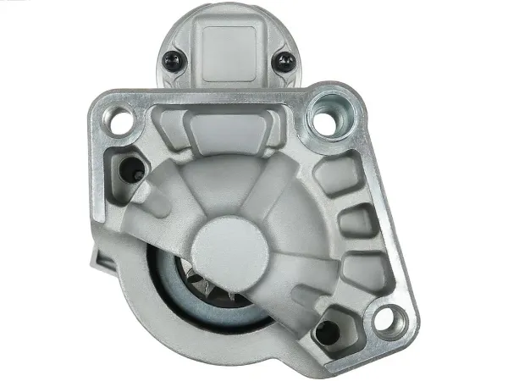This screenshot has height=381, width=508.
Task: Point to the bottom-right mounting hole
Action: [389, 319]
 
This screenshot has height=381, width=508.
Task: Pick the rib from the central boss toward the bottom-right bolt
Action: [284, 288]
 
